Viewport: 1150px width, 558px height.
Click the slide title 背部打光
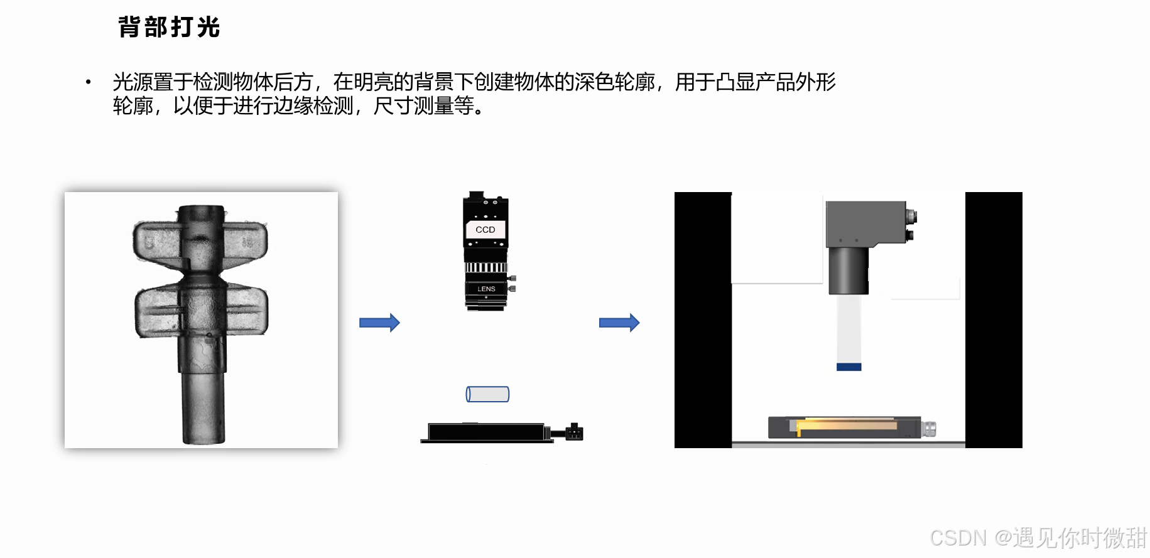(x=169, y=28)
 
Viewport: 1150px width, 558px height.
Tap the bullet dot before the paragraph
(x=89, y=82)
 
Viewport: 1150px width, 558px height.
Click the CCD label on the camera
(x=485, y=230)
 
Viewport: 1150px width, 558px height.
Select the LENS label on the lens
(x=486, y=289)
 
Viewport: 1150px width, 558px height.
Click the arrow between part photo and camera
(x=379, y=323)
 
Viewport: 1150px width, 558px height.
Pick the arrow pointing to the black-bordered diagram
(x=619, y=323)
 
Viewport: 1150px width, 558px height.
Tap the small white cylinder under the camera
(x=487, y=394)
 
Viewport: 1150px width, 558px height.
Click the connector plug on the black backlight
(x=574, y=432)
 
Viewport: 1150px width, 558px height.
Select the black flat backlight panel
(x=486, y=432)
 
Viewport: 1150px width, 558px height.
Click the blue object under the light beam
(x=849, y=367)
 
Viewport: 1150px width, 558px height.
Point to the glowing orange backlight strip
(x=847, y=426)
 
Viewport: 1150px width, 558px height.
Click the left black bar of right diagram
(x=703, y=320)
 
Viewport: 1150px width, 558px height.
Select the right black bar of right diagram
(x=994, y=320)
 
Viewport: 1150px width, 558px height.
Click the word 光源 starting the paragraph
(x=133, y=82)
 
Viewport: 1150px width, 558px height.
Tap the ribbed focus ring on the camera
(x=485, y=267)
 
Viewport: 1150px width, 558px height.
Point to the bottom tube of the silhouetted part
(x=203, y=407)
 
